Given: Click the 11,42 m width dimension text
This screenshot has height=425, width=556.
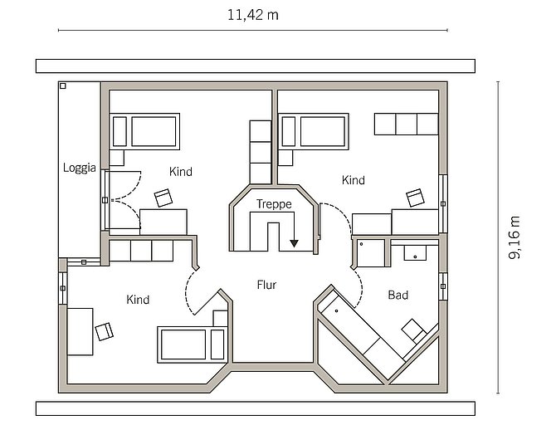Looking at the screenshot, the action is pyautogui.click(x=253, y=15).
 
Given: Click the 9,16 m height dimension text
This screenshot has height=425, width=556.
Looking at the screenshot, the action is pyautogui.click(x=515, y=237).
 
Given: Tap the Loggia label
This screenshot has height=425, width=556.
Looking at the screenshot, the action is pyautogui.click(x=80, y=168).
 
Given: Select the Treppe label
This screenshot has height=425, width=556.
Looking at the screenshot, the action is pyautogui.click(x=274, y=204).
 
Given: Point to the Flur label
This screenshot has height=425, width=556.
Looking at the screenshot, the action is pyautogui.click(x=266, y=285).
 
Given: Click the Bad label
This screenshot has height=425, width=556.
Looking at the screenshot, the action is pyautogui.click(x=397, y=295).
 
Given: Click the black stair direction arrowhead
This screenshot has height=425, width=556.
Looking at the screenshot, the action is pyautogui.click(x=294, y=243).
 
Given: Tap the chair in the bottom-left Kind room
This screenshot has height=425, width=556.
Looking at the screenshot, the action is pyautogui.click(x=105, y=331).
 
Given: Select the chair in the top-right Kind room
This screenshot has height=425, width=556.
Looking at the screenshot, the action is pyautogui.click(x=415, y=198).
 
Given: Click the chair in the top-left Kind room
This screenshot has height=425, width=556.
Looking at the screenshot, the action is pyautogui.click(x=163, y=198).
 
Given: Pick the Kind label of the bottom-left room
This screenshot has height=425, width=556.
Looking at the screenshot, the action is pyautogui.click(x=138, y=300).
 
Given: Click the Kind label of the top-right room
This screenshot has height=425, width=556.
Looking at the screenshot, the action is pyautogui.click(x=354, y=180).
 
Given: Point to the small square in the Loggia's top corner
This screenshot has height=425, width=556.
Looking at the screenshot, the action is pyautogui.click(x=63, y=85).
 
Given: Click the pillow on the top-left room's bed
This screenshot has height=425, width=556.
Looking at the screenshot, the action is pyautogui.click(x=119, y=131).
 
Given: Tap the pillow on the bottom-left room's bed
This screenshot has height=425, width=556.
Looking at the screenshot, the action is pyautogui.click(x=217, y=344).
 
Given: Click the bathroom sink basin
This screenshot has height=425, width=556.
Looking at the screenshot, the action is pyautogui.click(x=415, y=252).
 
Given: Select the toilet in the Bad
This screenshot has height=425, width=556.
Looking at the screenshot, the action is pyautogui.click(x=414, y=330).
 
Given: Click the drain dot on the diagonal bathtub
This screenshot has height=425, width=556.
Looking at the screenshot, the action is pyautogui.click(x=336, y=311).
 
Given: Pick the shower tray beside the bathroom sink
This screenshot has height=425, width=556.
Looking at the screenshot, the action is pyautogui.click(x=371, y=253).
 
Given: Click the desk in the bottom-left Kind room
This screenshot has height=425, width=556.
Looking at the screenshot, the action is pyautogui.click(x=80, y=331).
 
